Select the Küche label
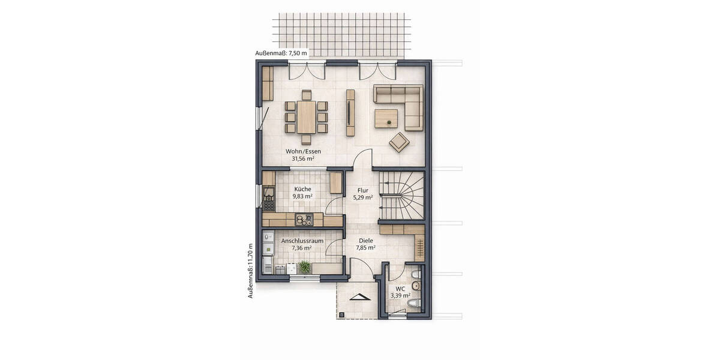pos(303,188)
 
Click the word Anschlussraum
pos(302,241)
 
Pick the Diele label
pos(365,239)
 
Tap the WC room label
pos(400,288)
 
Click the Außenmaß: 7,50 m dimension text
pos(281,53)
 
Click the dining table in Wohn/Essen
pos(306,116)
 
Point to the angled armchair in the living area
pos(400,143)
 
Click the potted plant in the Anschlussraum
pos(305,266)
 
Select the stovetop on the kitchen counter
pos(304,219)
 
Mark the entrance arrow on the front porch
pos(358,298)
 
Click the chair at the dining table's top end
pos(306,94)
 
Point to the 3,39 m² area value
pos(400,295)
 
